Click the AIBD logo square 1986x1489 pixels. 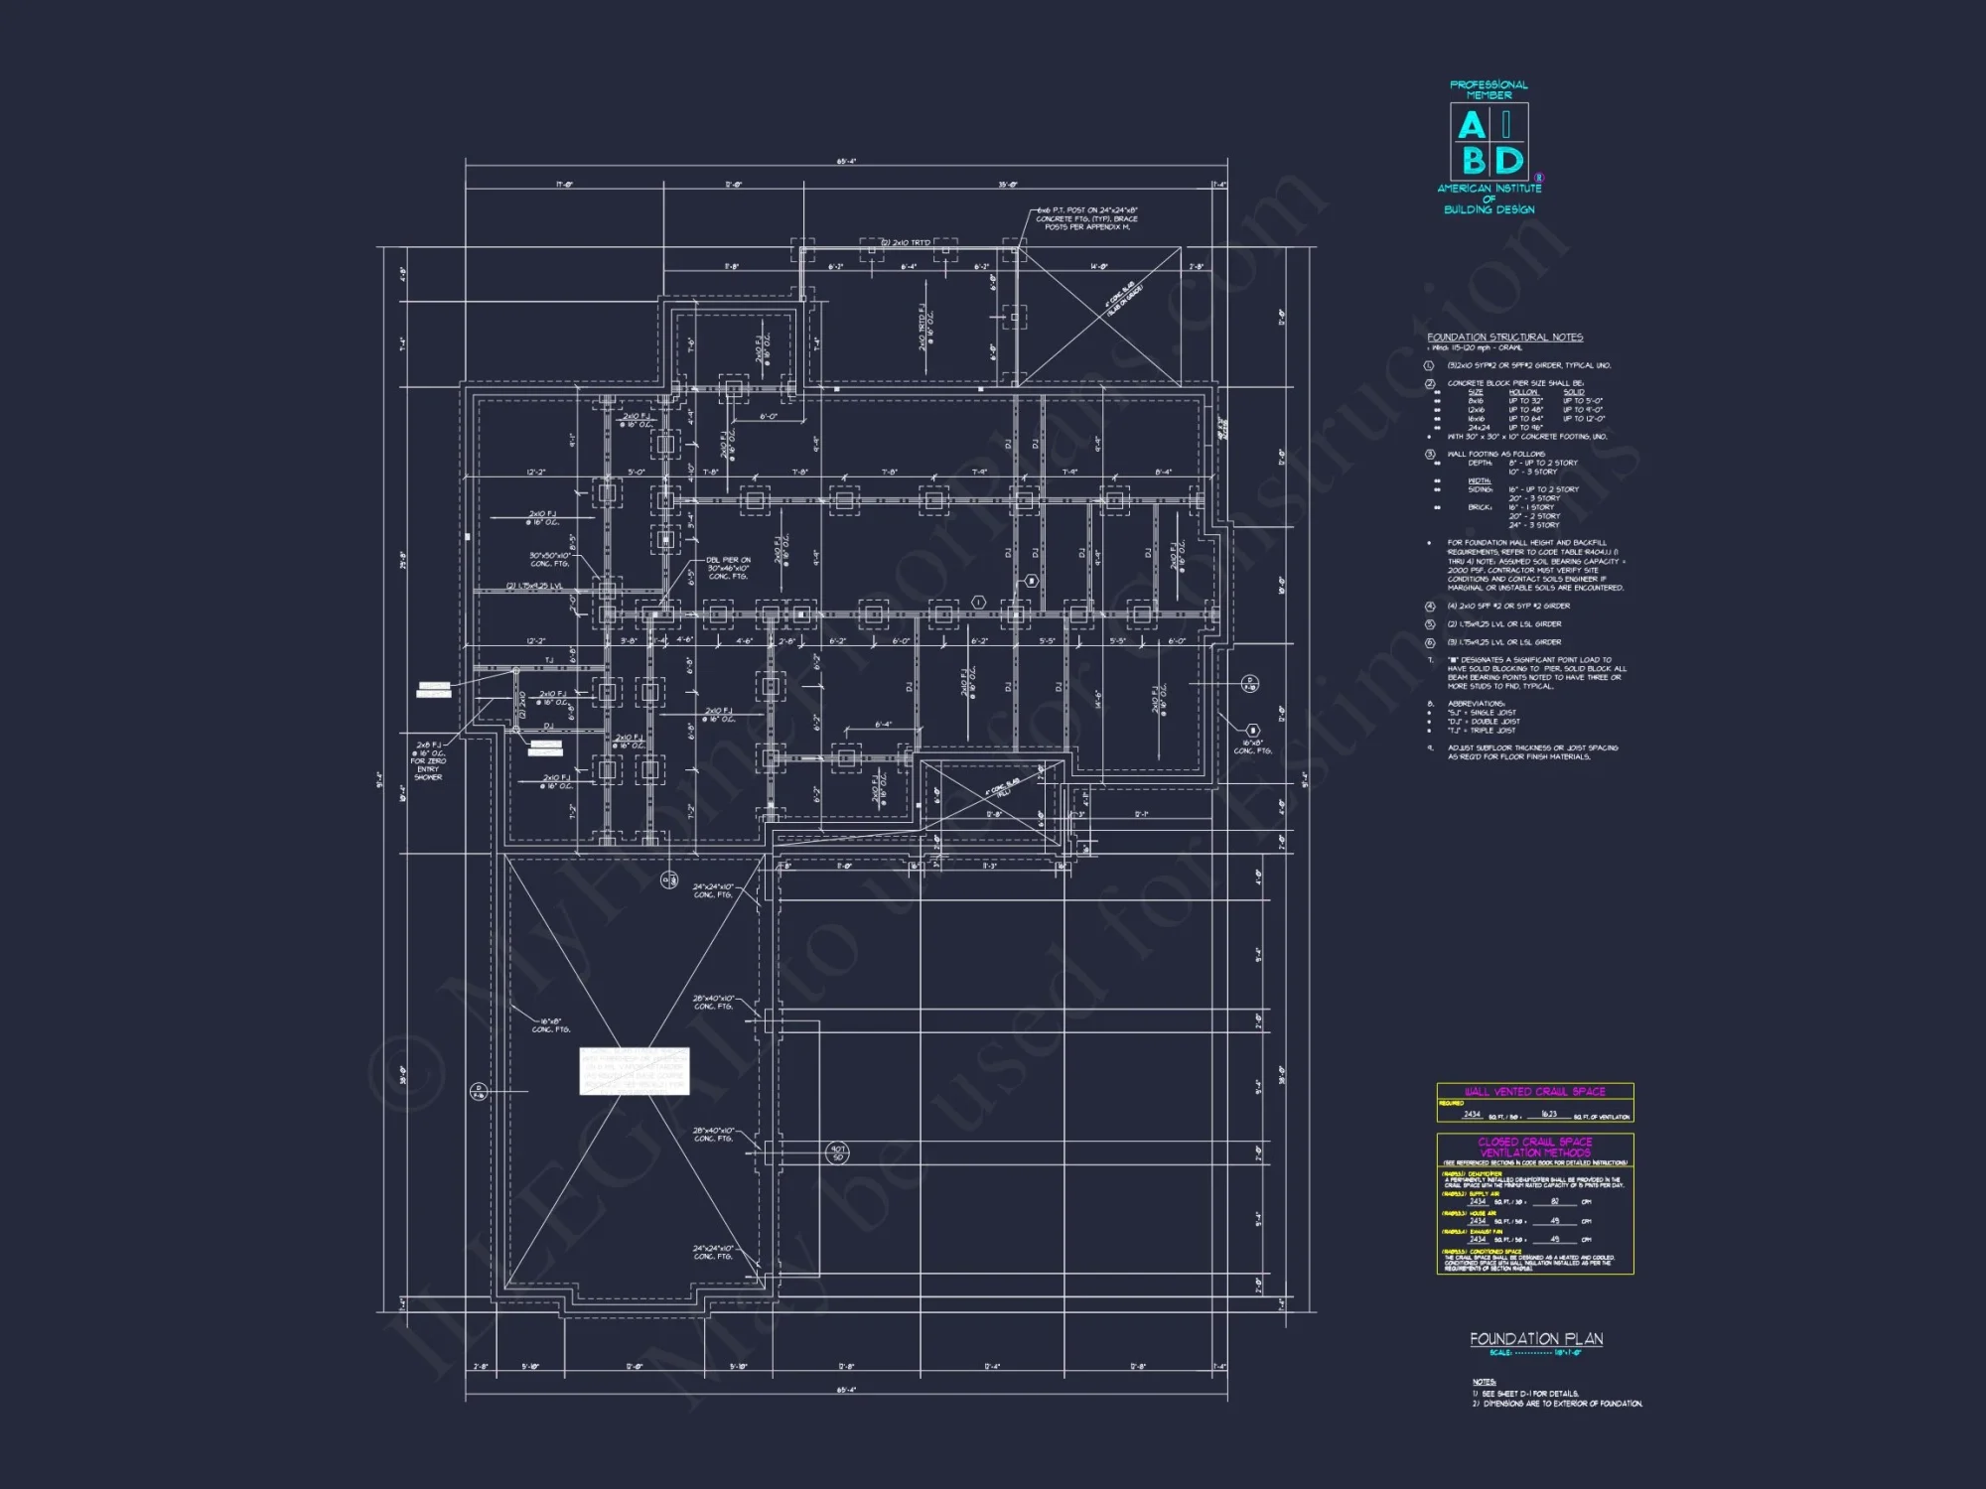pyautogui.click(x=1489, y=142)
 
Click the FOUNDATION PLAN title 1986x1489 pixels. pyautogui.click(x=1536, y=1339)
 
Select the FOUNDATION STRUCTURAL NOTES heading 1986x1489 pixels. pyautogui.click(x=1504, y=338)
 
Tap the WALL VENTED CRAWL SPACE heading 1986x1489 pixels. pyautogui.click(x=1534, y=1091)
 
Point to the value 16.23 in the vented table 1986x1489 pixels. pyautogui.click(x=1548, y=1114)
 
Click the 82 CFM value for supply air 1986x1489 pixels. pyautogui.click(x=1555, y=1201)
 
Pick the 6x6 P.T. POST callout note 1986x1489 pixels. pyautogui.click(x=1086, y=218)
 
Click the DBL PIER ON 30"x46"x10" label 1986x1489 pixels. pyautogui.click(x=729, y=568)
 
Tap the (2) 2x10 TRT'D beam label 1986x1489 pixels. pyautogui.click(x=906, y=242)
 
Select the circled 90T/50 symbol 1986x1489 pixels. pyautogui.click(x=838, y=1152)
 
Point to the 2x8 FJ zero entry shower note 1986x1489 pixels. pyautogui.click(x=429, y=760)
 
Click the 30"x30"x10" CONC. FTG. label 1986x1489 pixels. pyautogui.click(x=549, y=559)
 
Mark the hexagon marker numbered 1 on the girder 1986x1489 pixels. pyautogui.click(x=978, y=603)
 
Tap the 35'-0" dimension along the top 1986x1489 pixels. pyautogui.click(x=1008, y=185)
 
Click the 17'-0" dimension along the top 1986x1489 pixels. pyautogui.click(x=564, y=185)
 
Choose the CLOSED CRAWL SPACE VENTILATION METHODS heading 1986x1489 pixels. pyautogui.click(x=1534, y=1148)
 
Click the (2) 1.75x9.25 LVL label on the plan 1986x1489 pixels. pyautogui.click(x=534, y=586)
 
